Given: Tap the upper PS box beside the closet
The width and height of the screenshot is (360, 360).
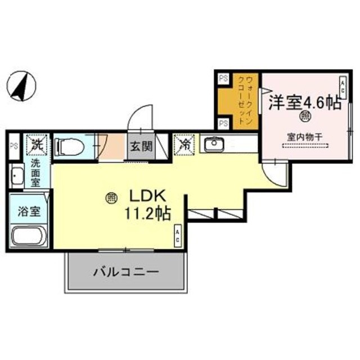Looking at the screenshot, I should coord(223,79).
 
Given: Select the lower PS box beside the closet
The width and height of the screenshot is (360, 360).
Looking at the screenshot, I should coord(223,123).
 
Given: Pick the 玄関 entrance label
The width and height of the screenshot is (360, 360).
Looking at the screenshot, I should coord(141,147).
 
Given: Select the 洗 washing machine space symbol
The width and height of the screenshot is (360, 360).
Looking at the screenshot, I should coord(37,144).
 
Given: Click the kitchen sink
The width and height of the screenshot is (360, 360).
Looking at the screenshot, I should coord(213,145).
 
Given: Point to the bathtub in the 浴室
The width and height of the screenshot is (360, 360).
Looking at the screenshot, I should coord(28,236).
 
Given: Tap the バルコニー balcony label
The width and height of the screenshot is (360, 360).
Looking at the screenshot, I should coord(126,272).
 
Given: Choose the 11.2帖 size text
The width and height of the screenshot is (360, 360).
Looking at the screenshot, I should coord(147,214).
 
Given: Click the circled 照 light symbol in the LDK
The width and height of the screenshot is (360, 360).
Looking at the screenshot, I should coord(111,198).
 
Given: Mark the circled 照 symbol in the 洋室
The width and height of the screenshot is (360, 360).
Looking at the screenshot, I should coord(304,117).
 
